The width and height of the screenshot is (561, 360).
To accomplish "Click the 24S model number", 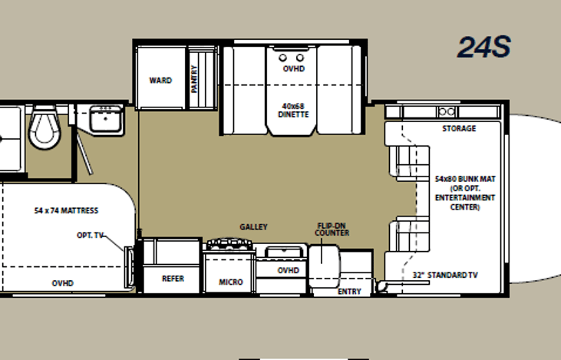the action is (483, 48).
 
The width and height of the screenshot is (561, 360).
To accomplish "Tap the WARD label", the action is (160, 80).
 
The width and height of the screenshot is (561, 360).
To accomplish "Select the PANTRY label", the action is (194, 79).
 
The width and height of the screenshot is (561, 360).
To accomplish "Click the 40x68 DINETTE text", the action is (293, 111).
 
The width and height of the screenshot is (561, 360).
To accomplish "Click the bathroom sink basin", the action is (105, 119).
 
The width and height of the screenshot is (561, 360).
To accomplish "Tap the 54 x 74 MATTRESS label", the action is (66, 210).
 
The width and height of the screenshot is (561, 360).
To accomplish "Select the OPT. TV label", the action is (90, 236).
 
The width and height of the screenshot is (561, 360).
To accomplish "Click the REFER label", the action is (173, 279).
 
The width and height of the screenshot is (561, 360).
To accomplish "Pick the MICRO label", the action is (231, 282).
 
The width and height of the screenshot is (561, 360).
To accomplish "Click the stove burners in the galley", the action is (229, 244).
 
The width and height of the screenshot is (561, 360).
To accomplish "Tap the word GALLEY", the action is (254, 227).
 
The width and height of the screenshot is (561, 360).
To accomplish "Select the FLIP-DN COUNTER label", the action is (332, 230).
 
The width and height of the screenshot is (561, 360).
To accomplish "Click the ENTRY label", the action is (349, 291).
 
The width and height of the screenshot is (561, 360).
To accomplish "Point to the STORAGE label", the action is (459, 128).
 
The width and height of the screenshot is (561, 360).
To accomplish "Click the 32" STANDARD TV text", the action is (445, 275).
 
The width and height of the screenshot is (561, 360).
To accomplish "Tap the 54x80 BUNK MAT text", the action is (465, 179).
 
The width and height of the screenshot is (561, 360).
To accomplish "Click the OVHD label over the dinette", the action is (293, 69).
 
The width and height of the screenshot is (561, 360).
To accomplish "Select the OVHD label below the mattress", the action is (63, 283).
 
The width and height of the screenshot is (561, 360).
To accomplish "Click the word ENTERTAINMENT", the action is (465, 197).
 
